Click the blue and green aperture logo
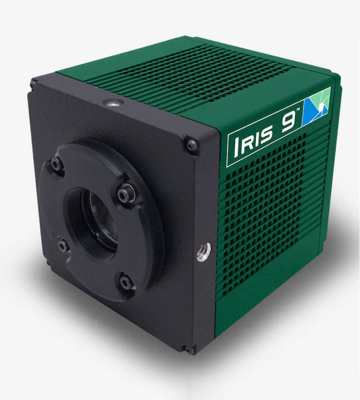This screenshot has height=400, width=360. click(318, 106)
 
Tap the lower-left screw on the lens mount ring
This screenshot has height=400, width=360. click(63, 245)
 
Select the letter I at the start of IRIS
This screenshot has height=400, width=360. click(234, 148)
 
